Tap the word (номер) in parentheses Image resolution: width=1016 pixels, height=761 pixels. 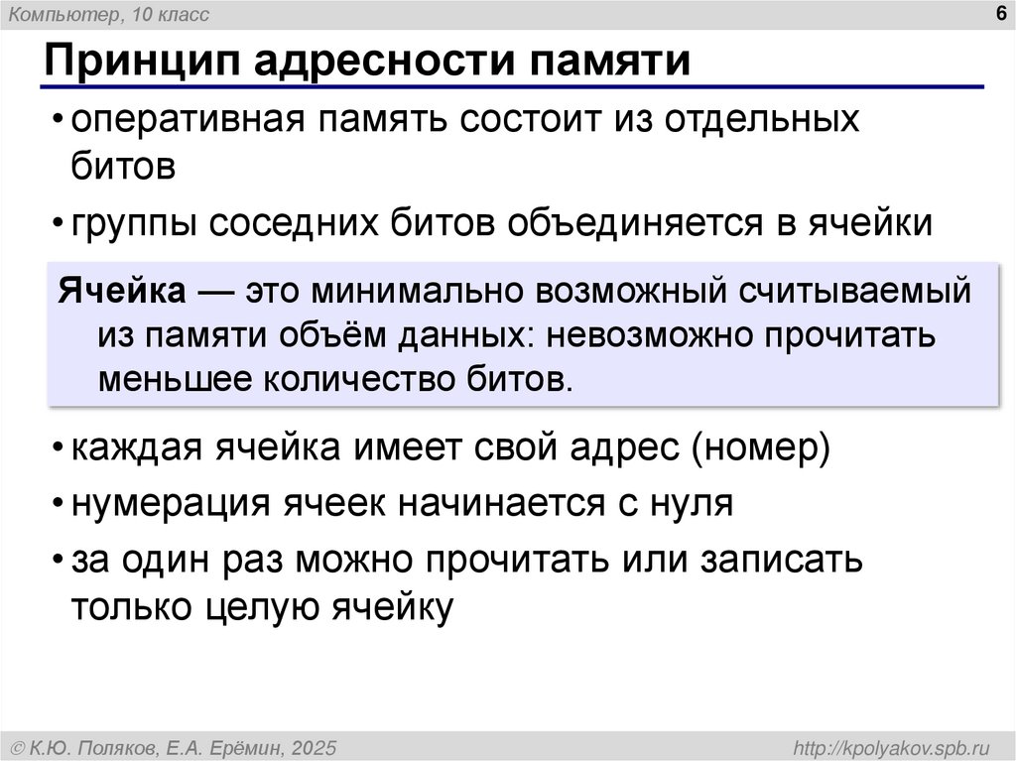(761, 447)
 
